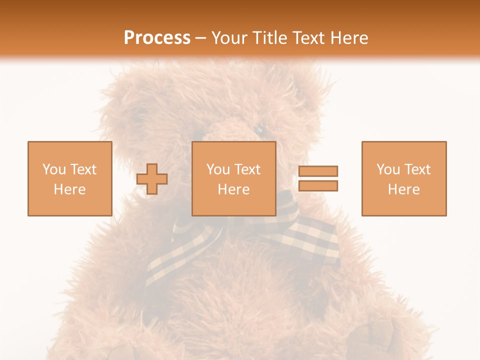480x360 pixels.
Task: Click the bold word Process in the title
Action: coord(157,38)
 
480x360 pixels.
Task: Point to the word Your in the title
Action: coord(230,38)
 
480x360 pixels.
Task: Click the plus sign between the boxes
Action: coord(152,179)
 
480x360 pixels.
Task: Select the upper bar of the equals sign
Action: coord(318,171)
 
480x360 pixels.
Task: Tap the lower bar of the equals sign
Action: coord(318,186)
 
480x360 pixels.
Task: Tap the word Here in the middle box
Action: coord(233,189)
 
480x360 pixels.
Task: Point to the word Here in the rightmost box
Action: coord(403,189)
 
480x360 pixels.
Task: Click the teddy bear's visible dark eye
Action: coord(260,130)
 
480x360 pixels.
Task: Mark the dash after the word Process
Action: coord(200,38)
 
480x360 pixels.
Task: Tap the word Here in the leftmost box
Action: coord(69,189)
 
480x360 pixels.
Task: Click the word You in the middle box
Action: coord(218,169)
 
